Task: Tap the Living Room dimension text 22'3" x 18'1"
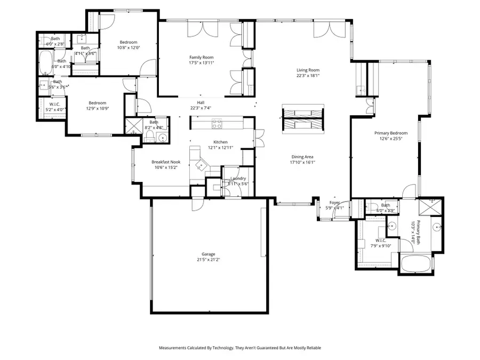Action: (x=308, y=75)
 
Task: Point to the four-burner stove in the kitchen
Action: (x=217, y=124)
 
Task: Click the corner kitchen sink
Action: (x=201, y=163)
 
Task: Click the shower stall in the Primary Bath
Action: (x=430, y=207)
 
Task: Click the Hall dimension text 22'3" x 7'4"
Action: (x=201, y=108)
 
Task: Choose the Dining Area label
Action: (x=302, y=157)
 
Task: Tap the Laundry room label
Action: (x=238, y=179)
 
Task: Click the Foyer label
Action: (x=334, y=203)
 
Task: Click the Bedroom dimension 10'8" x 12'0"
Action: (x=129, y=47)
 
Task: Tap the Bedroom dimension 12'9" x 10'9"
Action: (x=97, y=108)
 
